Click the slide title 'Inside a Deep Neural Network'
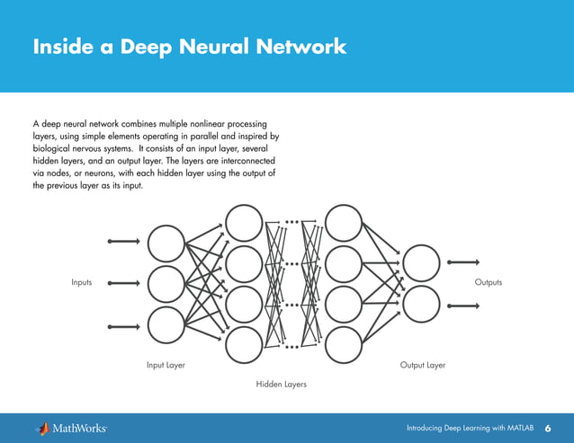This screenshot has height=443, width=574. (x=189, y=47)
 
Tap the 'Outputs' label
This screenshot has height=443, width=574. (x=488, y=282)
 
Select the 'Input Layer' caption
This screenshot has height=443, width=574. (x=166, y=366)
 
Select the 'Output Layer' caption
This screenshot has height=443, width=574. (x=423, y=366)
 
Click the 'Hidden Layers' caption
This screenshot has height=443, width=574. (x=282, y=384)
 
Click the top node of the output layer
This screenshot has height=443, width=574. (x=421, y=262)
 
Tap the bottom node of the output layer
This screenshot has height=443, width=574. (x=421, y=304)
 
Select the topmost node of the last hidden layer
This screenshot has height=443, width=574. (x=343, y=221)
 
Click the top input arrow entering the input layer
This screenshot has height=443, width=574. (x=123, y=242)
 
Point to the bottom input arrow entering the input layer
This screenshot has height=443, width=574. (x=123, y=326)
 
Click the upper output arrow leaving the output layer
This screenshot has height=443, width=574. (x=463, y=262)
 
